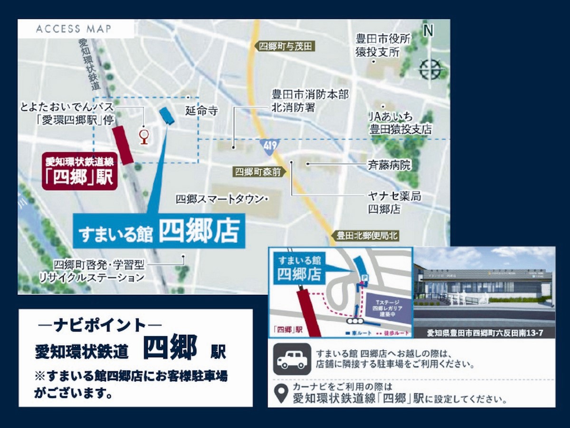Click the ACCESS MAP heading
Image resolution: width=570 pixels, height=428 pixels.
[x=74, y=29]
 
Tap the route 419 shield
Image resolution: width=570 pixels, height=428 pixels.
[x=269, y=146]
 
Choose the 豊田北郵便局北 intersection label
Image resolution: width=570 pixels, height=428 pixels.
[x=366, y=235]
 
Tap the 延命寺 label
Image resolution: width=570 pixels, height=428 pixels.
[x=202, y=111]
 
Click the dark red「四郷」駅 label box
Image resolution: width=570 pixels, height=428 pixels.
[x=79, y=172]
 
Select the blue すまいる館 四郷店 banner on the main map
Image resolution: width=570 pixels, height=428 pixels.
[x=159, y=232]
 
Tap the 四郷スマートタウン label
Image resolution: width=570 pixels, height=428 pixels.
[x=219, y=199]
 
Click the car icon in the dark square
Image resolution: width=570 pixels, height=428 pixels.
[x=292, y=360]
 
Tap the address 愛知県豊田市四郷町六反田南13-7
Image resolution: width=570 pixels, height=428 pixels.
[x=484, y=333]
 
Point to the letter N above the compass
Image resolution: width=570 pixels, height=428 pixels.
[x=428, y=31]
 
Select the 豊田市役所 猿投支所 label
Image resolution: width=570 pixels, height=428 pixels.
[x=383, y=45]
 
